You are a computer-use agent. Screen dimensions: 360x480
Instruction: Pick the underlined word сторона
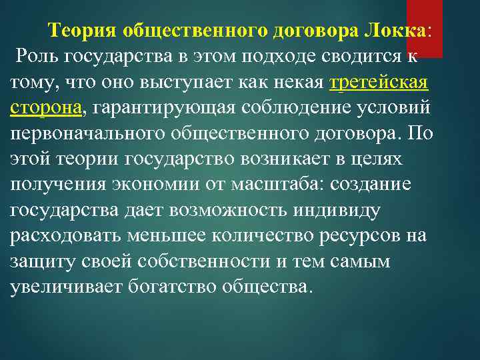point(46,108)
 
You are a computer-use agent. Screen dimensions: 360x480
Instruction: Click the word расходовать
point(73,237)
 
